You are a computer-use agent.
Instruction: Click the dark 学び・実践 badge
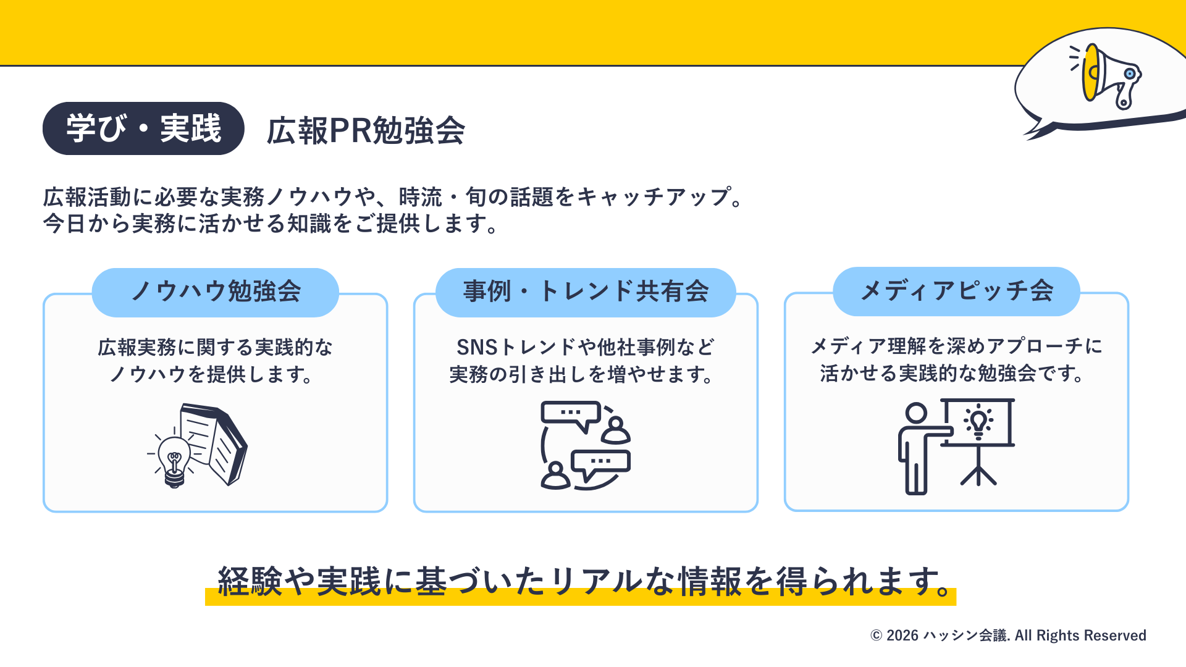tap(143, 128)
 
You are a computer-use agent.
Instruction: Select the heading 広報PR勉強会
tap(366, 131)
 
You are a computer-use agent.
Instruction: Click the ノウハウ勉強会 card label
tap(216, 292)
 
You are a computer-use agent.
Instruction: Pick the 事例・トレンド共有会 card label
tap(586, 292)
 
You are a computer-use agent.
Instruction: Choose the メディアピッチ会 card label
tap(956, 291)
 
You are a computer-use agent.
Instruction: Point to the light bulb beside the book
tap(174, 460)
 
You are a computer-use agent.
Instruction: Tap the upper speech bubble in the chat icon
tap(571, 414)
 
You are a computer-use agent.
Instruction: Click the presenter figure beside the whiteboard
tap(917, 448)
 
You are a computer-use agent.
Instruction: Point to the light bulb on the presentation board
tap(978, 422)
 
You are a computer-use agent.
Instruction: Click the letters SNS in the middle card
tap(477, 348)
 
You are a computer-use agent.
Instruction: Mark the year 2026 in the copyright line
tap(902, 636)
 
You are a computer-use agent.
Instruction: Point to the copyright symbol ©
tap(876, 636)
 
